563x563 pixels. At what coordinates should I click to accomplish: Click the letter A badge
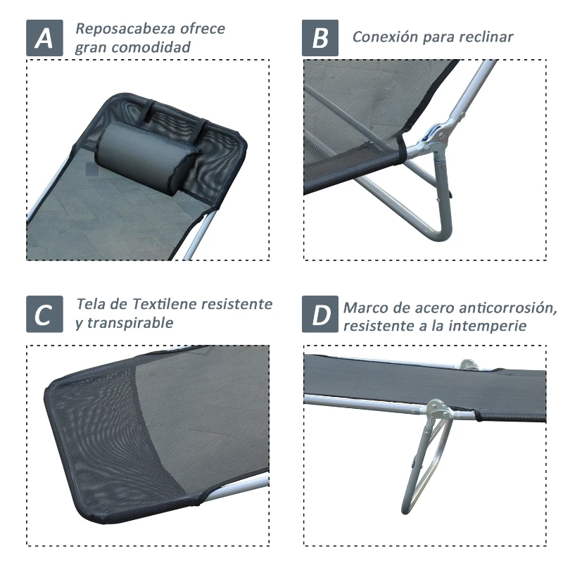(44, 38)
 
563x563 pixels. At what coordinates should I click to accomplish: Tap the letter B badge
(320, 38)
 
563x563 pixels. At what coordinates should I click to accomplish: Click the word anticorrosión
(498, 308)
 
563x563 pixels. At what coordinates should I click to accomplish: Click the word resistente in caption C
(236, 305)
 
